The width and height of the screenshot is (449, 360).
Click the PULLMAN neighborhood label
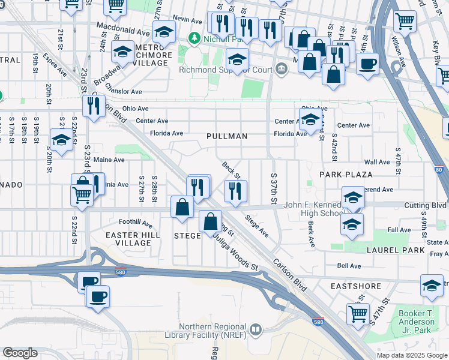click(x=227, y=136)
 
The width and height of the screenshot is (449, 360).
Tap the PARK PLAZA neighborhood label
click(x=346, y=175)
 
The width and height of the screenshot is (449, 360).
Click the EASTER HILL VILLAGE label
click(x=133, y=239)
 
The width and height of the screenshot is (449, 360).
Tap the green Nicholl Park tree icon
click(x=194, y=38)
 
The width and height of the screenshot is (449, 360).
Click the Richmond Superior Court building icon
click(x=280, y=68)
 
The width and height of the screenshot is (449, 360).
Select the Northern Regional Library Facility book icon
click(x=256, y=329)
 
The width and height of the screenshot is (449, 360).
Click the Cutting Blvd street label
click(x=425, y=205)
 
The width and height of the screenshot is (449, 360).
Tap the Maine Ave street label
click(x=109, y=160)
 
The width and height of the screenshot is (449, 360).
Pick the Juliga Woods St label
click(x=237, y=251)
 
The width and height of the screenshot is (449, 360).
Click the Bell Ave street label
click(x=349, y=265)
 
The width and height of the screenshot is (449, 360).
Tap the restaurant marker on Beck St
click(x=235, y=191)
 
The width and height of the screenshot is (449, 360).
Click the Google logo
click(x=20, y=353)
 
